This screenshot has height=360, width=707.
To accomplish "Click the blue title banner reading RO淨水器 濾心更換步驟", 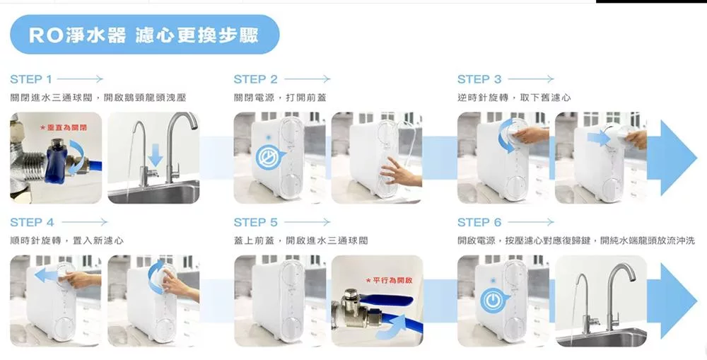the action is click(145, 34).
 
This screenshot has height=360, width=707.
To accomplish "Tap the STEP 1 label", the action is click(30, 79).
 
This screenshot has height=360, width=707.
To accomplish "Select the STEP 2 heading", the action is click(255, 79).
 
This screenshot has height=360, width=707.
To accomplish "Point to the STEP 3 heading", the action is click(479, 79).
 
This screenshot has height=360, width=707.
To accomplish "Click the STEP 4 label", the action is click(32, 222).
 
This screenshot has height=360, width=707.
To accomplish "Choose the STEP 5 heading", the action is click(255, 222).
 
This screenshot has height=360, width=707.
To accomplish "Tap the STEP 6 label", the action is click(479, 222).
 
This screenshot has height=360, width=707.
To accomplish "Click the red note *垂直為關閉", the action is click(64, 128).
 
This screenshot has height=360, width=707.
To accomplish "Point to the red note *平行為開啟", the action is click(389, 281).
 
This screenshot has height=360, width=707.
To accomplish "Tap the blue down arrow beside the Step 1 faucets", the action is click(155, 155).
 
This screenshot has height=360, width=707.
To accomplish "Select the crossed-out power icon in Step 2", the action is click(269, 156).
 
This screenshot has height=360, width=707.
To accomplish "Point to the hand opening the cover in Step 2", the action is click(399, 174).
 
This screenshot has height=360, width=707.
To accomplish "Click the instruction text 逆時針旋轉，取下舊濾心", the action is click(514, 98).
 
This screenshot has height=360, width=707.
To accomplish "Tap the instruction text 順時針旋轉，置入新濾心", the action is click(66, 240).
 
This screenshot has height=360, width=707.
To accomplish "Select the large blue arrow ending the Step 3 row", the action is click(672, 158).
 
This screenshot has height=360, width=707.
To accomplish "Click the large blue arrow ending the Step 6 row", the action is click(672, 301).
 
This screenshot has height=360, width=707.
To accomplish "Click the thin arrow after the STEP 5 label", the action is click(307, 222).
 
